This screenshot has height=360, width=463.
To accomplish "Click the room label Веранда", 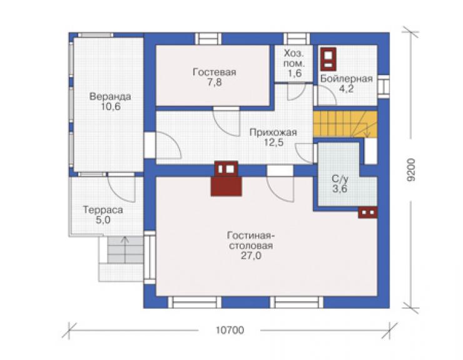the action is point(110,96).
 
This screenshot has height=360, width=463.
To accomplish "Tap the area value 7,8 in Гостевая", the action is point(215,83).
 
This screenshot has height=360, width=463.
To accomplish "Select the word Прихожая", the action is point(273,132).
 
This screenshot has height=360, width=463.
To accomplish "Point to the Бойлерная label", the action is point(347,79).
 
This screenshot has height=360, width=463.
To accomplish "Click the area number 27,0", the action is point(251,255).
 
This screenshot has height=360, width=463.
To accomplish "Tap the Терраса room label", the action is point(103,210).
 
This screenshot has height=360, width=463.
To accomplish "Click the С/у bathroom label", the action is point(340,180).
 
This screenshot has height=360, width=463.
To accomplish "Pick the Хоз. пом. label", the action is point(294,58).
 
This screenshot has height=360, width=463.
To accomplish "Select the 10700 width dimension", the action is point(230,330).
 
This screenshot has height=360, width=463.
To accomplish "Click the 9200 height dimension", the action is point(410,170).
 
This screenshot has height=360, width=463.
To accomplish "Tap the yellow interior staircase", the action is point(345,124).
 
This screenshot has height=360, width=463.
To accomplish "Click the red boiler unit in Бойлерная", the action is point(328,59).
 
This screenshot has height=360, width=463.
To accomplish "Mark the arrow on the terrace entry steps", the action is point(125,250).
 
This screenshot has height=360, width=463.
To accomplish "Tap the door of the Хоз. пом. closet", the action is point(296,92).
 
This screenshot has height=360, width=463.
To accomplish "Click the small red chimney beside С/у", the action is point(368,212).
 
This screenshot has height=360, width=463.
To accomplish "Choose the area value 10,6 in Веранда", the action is point(111,106).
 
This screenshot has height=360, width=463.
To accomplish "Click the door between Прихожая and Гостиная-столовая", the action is point(280,184).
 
